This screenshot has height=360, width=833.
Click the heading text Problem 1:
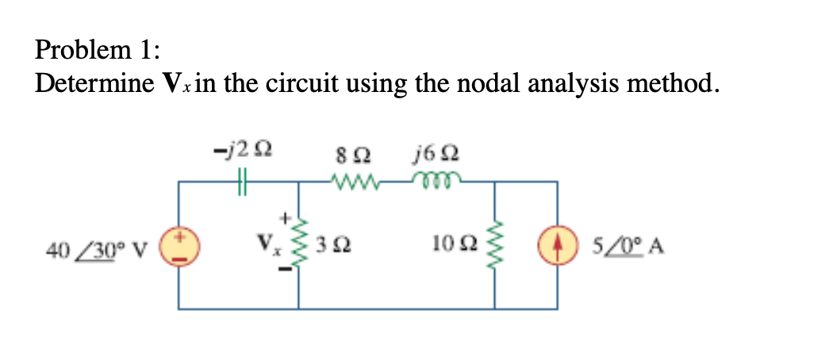pos(97,50)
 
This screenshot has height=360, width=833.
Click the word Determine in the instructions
pos(91,83)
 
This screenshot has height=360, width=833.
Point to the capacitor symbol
pos(243,182)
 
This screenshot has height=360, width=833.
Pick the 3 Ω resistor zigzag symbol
pos(300,245)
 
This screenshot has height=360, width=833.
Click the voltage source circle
pos(178,245)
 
